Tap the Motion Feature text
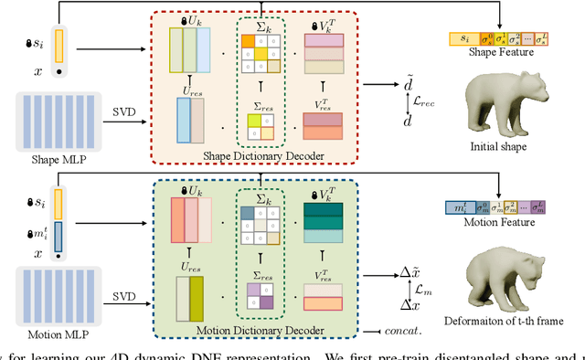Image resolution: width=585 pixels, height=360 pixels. point(494,224)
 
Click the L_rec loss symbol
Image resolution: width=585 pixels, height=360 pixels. point(421,101)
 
